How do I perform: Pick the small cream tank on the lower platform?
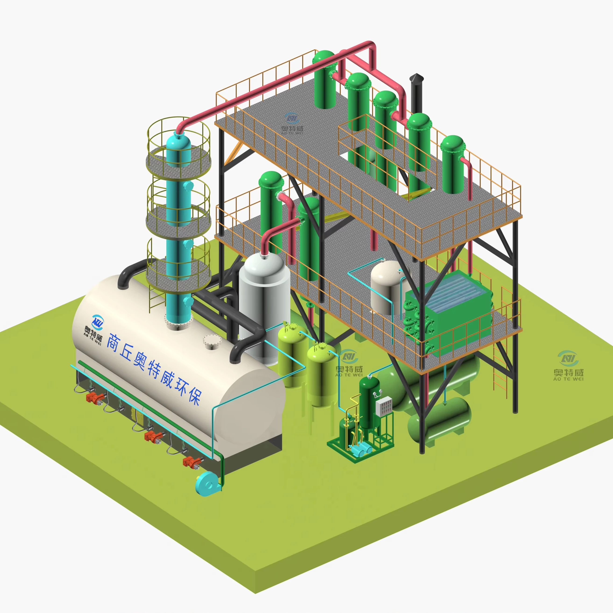388,289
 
